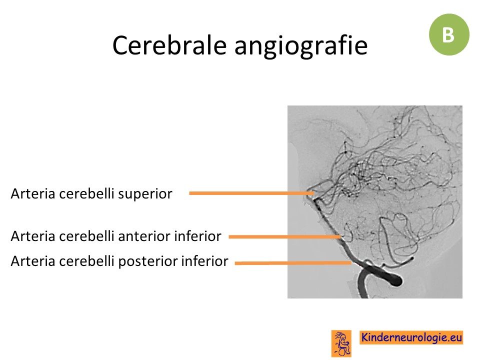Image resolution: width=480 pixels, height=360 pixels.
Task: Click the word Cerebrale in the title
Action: (169, 45)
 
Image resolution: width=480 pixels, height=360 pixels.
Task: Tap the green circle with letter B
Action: (449, 34)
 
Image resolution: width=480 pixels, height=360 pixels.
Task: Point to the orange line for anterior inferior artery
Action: (285, 236)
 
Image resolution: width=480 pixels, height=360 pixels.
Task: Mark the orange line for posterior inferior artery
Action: (293, 262)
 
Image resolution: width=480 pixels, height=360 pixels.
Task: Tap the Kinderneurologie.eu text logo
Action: (411, 337)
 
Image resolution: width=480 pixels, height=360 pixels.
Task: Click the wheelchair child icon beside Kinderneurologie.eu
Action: (341, 343)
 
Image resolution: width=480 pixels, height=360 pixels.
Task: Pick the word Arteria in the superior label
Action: (33, 194)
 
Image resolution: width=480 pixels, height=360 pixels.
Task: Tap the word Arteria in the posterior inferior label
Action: (33, 261)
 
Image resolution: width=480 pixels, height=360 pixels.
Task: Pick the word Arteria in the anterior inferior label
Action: (33, 236)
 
